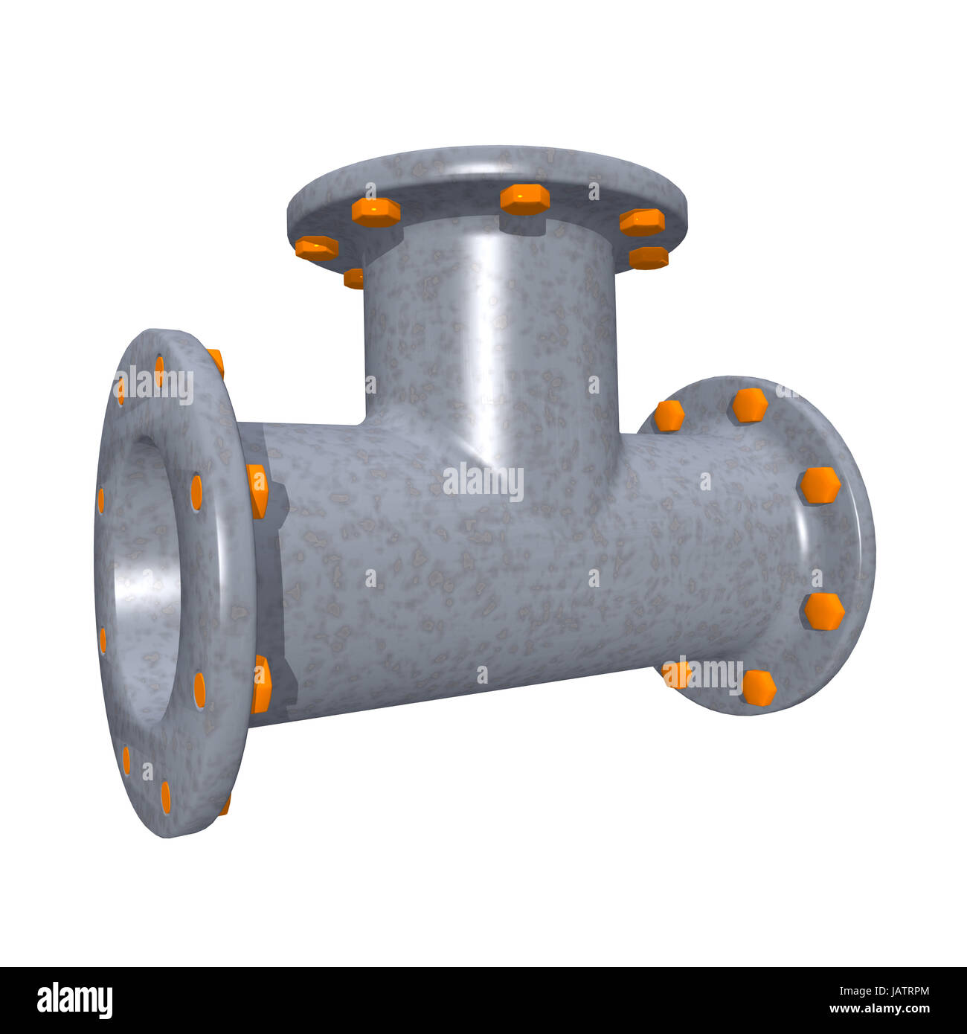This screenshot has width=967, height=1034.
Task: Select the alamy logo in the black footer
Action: pos(74,1000)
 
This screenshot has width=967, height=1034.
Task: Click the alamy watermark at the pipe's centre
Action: pos(483,483)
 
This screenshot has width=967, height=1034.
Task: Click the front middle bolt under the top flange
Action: pos(524,199)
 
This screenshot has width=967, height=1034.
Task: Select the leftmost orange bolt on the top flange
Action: pos(317,248)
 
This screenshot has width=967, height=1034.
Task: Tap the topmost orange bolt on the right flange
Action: pos(749,405)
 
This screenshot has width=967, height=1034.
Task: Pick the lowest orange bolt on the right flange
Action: pos(759,687)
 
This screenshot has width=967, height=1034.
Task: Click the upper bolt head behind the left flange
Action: pos(257,490)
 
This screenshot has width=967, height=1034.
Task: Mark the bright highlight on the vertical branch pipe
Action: pos(487,298)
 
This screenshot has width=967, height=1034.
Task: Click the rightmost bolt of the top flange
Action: pos(648,257)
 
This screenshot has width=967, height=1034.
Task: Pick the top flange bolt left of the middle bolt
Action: pos(376,212)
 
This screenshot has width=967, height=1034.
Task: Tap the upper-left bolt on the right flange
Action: pos(669,416)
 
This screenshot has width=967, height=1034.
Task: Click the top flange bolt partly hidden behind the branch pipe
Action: pos(354,278)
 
